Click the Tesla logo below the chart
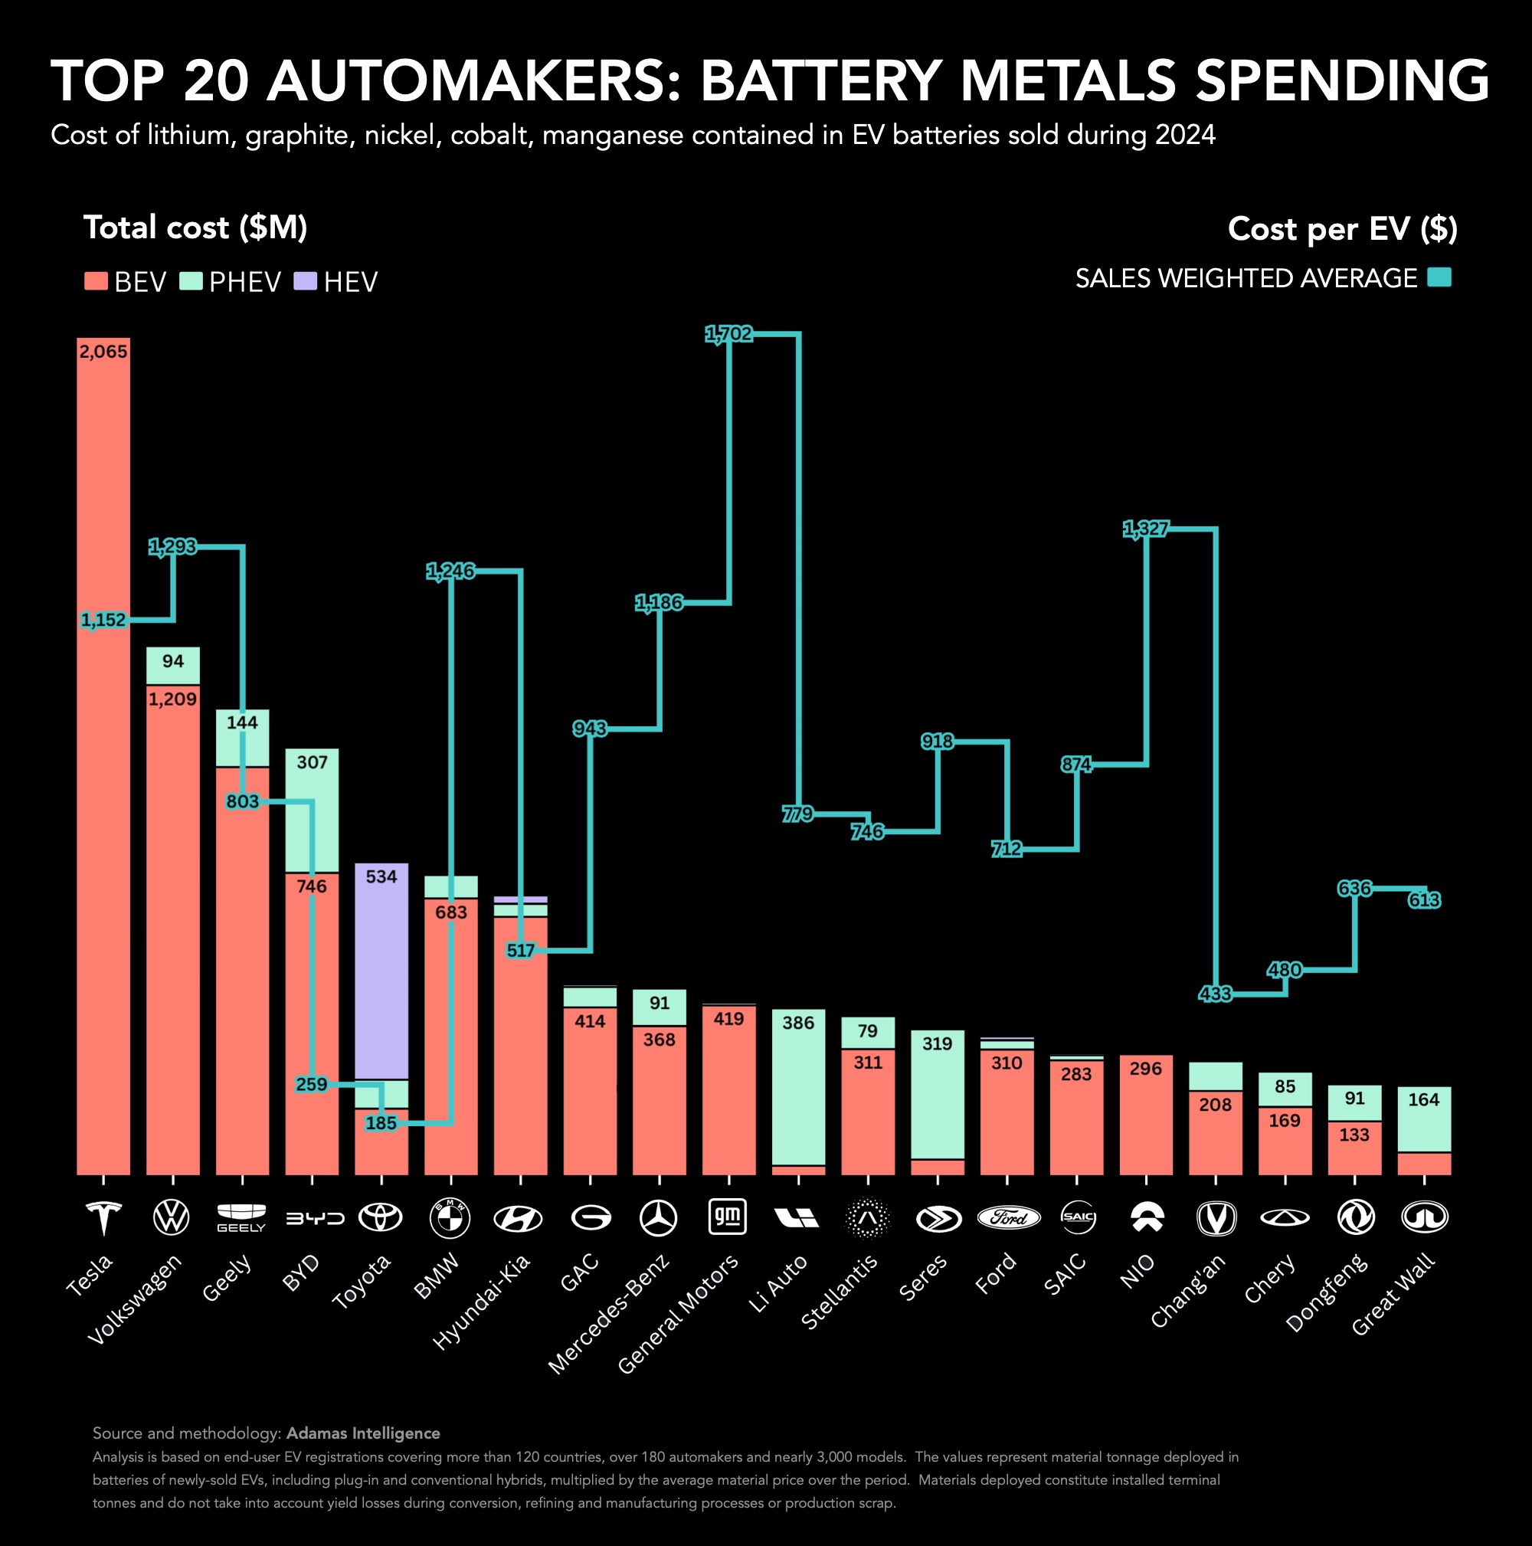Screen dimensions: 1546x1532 tap(103, 1217)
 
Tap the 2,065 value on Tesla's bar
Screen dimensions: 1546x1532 tap(103, 352)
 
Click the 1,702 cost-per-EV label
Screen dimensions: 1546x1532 tap(728, 334)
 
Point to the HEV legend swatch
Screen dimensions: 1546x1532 tap(306, 281)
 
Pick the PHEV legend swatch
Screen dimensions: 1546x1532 tap(191, 281)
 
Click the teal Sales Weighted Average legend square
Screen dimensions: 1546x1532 tap(1439, 277)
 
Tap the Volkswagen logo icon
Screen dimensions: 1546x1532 tap(172, 1217)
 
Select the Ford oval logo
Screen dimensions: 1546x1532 tap(1008, 1217)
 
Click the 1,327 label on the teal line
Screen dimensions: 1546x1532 tap(1146, 529)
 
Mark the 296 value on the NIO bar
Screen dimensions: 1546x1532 tap(1146, 1068)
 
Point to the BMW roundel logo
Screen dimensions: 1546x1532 tap(450, 1218)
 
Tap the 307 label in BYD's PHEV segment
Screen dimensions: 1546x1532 tap(312, 762)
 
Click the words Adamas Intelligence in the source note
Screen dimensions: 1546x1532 tap(363, 1433)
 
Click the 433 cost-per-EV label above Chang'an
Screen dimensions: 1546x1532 tap(1215, 994)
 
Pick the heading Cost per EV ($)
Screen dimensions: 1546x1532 tap(1342, 229)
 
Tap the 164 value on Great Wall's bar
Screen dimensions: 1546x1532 tap(1424, 1099)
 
